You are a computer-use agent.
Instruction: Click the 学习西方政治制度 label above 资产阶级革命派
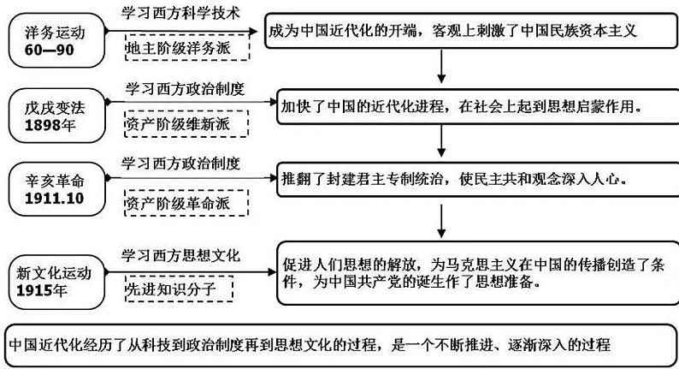tap(180, 162)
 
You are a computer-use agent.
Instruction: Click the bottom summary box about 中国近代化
tap(339, 345)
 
